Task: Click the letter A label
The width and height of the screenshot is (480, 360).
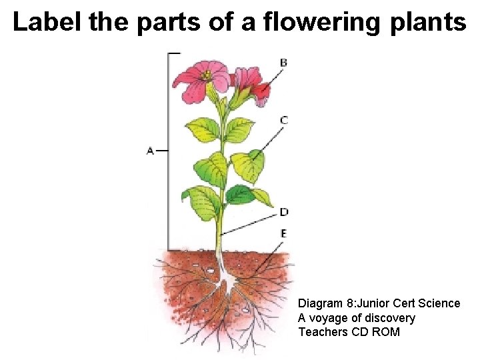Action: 150,151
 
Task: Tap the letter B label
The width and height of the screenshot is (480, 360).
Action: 283,63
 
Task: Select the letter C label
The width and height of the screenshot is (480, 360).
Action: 284,120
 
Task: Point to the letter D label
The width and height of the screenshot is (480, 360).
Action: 284,212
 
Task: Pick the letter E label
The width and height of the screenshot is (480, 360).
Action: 284,233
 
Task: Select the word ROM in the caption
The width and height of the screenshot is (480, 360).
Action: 387,332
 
